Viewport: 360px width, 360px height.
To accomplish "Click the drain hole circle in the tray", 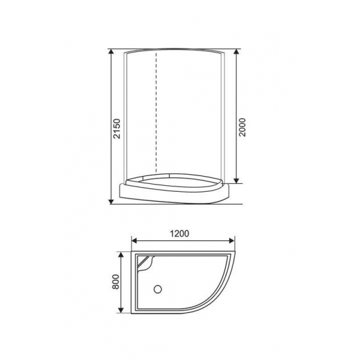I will (x=157, y=289).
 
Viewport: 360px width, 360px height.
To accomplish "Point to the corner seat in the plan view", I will (x=147, y=265).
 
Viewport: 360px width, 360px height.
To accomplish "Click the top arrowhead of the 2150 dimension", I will (x=111, y=52).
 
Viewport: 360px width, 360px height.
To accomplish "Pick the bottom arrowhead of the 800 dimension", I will (x=120, y=312).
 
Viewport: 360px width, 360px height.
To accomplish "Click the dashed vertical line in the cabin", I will (x=156, y=111).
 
